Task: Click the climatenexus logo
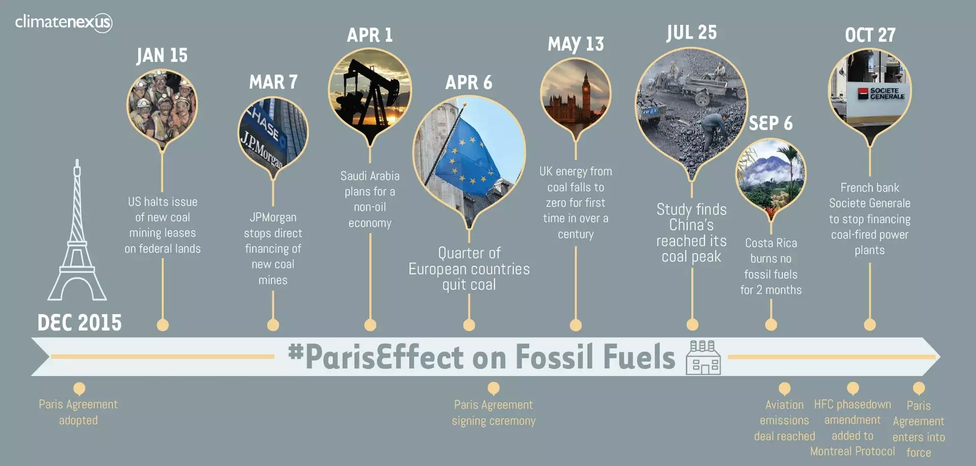pos(64,22)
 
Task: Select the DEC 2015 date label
pos(79,323)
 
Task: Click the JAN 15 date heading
pos(162,55)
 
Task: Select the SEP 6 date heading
pos(771,123)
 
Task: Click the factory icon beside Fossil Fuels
pos(703,357)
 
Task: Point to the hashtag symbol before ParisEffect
pos(295,351)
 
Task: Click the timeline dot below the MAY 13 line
pos(575,325)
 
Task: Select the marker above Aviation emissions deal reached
pos(784,389)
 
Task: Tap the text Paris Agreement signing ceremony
pos(494,413)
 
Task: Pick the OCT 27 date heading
pos(870,35)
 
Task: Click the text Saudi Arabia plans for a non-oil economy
pos(370,199)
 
